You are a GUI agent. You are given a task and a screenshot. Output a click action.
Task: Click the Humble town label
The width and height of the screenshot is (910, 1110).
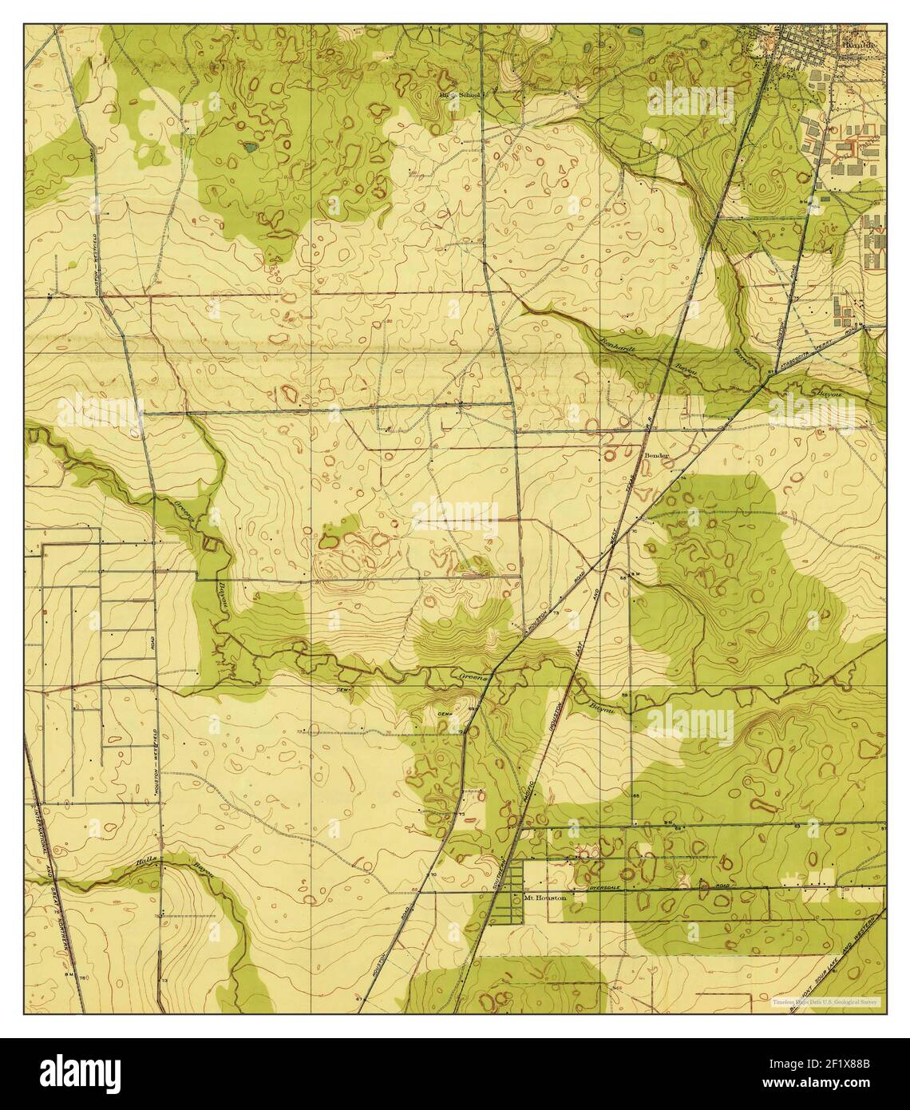coord(859,46)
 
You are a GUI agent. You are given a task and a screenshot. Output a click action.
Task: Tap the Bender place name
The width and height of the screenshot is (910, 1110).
coord(657,455)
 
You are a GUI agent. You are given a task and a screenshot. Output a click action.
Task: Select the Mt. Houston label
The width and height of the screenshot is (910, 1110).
coord(545,898)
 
